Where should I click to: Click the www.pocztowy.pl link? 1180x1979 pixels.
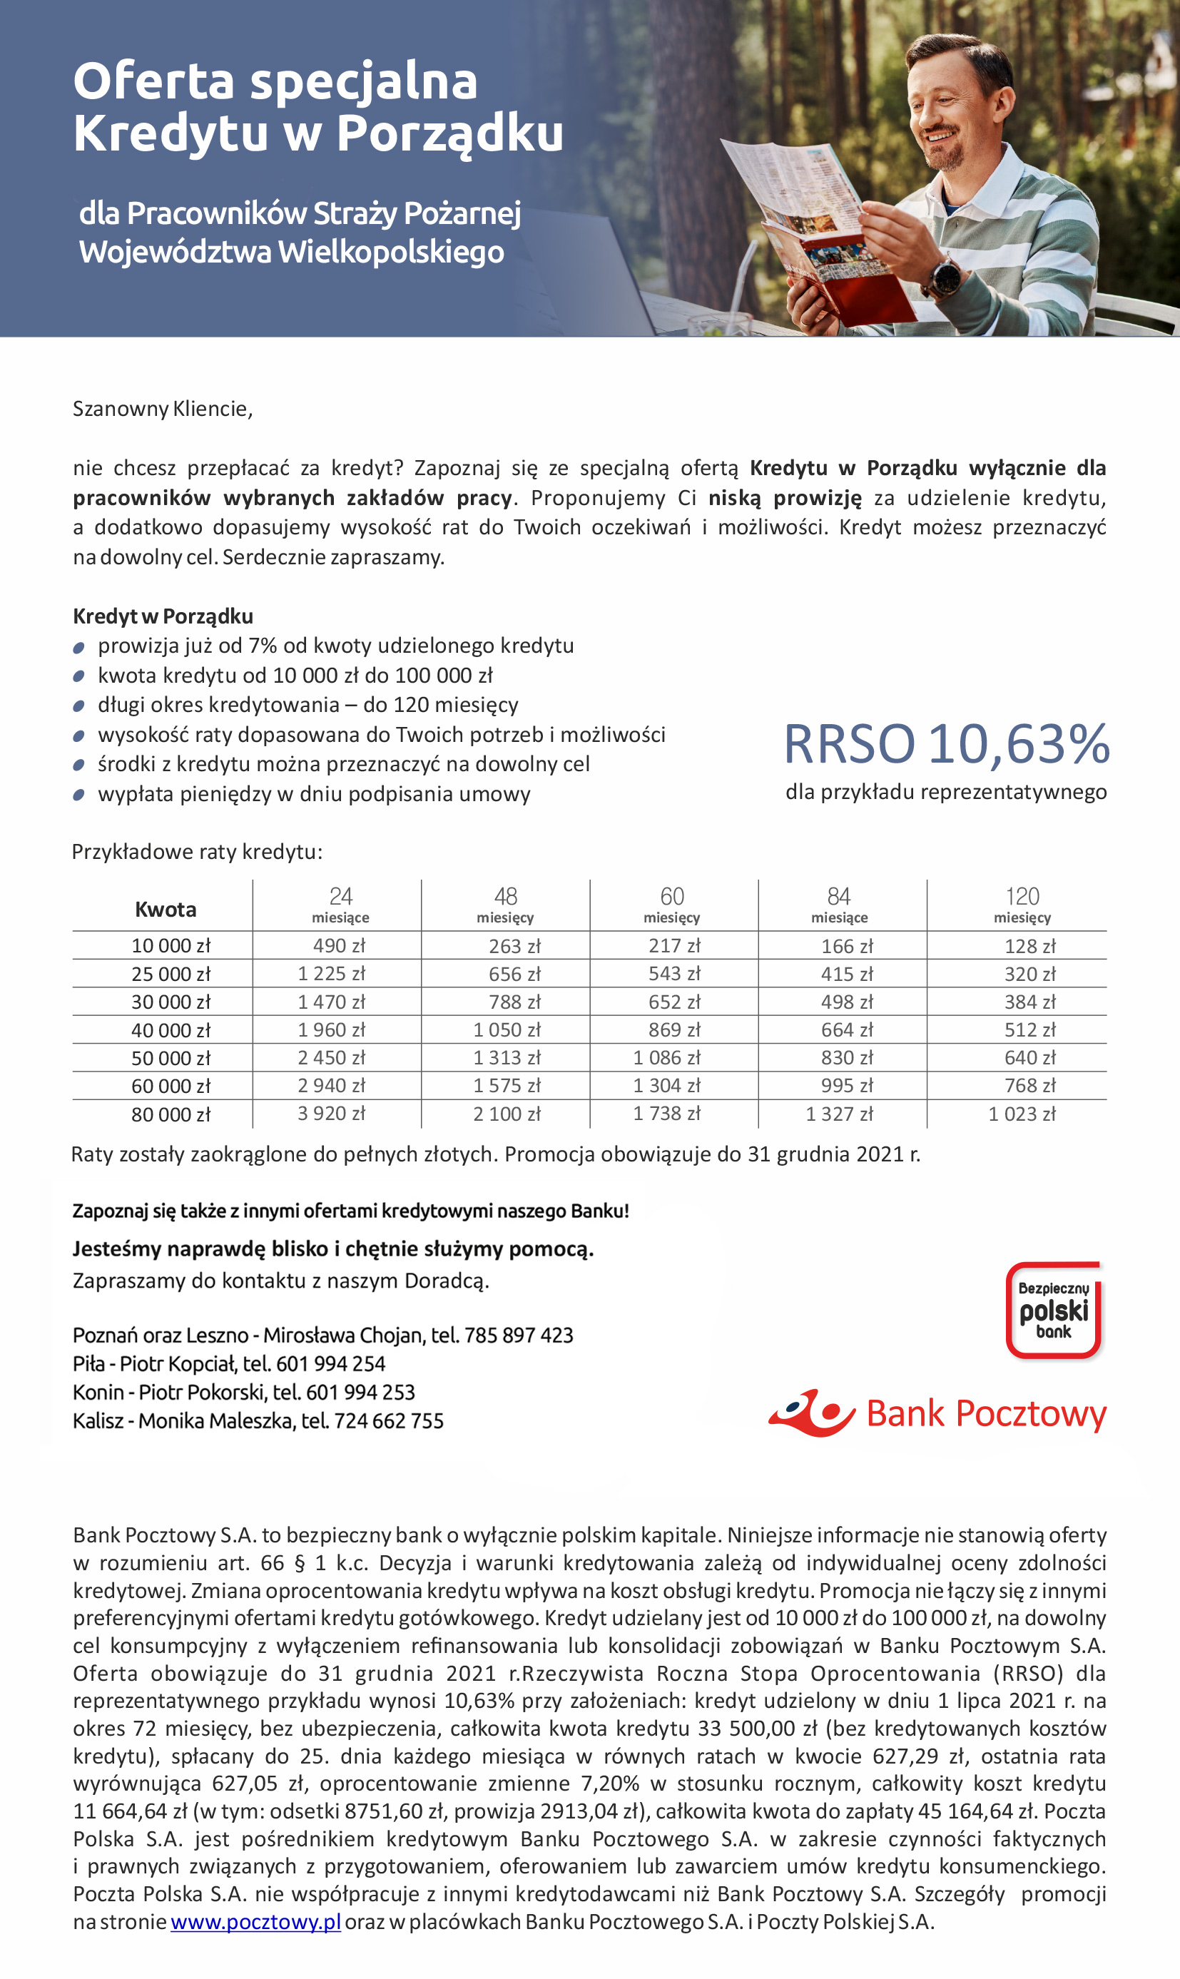pos(255,1923)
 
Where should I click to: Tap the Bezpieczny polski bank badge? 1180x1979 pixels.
pos(1054,1310)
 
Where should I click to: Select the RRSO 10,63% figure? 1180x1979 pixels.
pos(946,744)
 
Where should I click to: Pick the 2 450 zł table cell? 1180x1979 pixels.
pos(332,1057)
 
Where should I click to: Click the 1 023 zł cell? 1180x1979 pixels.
pos(1022,1114)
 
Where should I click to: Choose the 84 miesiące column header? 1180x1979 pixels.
pos(839,905)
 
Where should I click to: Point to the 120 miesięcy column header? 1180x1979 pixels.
pos(1022,905)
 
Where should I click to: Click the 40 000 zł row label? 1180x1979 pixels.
pos(171,1030)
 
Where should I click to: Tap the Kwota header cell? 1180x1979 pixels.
pos(166,909)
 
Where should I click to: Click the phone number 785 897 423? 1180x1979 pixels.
pos(519,1335)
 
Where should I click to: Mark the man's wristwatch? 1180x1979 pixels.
pos(946,275)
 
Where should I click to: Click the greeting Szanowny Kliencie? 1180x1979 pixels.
pos(162,409)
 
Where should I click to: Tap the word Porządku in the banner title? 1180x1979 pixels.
pos(450,133)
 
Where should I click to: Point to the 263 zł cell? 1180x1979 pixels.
pos(514,946)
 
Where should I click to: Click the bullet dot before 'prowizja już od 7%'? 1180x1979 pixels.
pos(78,647)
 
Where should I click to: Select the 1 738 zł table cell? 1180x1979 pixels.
pos(666,1114)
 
